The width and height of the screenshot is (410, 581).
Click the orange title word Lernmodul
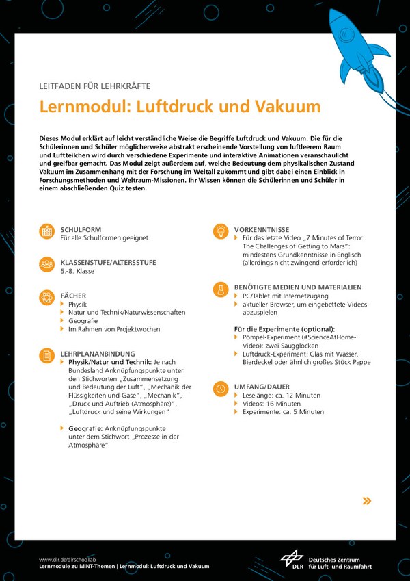coord(81,107)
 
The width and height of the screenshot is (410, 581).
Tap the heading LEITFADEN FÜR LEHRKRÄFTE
coord(94,86)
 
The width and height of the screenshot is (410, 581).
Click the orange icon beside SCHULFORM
coord(46,232)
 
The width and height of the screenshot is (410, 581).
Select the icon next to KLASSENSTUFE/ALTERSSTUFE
coord(46,264)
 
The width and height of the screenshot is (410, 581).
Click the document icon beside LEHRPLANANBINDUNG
coord(46,356)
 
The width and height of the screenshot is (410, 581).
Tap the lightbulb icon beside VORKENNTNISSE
coord(221,231)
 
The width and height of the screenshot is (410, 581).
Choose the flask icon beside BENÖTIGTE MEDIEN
coord(221,289)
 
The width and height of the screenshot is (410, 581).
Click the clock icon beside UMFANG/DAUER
coord(221,389)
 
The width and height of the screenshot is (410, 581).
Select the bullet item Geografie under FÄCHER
coord(83,320)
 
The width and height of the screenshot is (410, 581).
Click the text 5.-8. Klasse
coord(77,271)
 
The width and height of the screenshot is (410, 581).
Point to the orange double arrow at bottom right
coord(367,501)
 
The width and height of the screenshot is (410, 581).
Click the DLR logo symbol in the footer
coord(292,559)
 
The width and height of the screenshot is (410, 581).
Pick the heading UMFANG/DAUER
coord(262,387)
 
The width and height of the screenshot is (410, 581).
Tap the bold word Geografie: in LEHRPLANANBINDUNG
coord(86,428)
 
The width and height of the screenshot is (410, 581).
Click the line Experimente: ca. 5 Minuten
coord(283,412)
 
